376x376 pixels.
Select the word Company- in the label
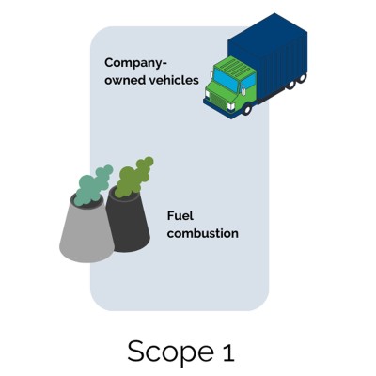pos(134,63)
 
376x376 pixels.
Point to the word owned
pos(126,80)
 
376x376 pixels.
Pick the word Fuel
pos(180,215)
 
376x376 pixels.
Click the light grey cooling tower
pos(84,230)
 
